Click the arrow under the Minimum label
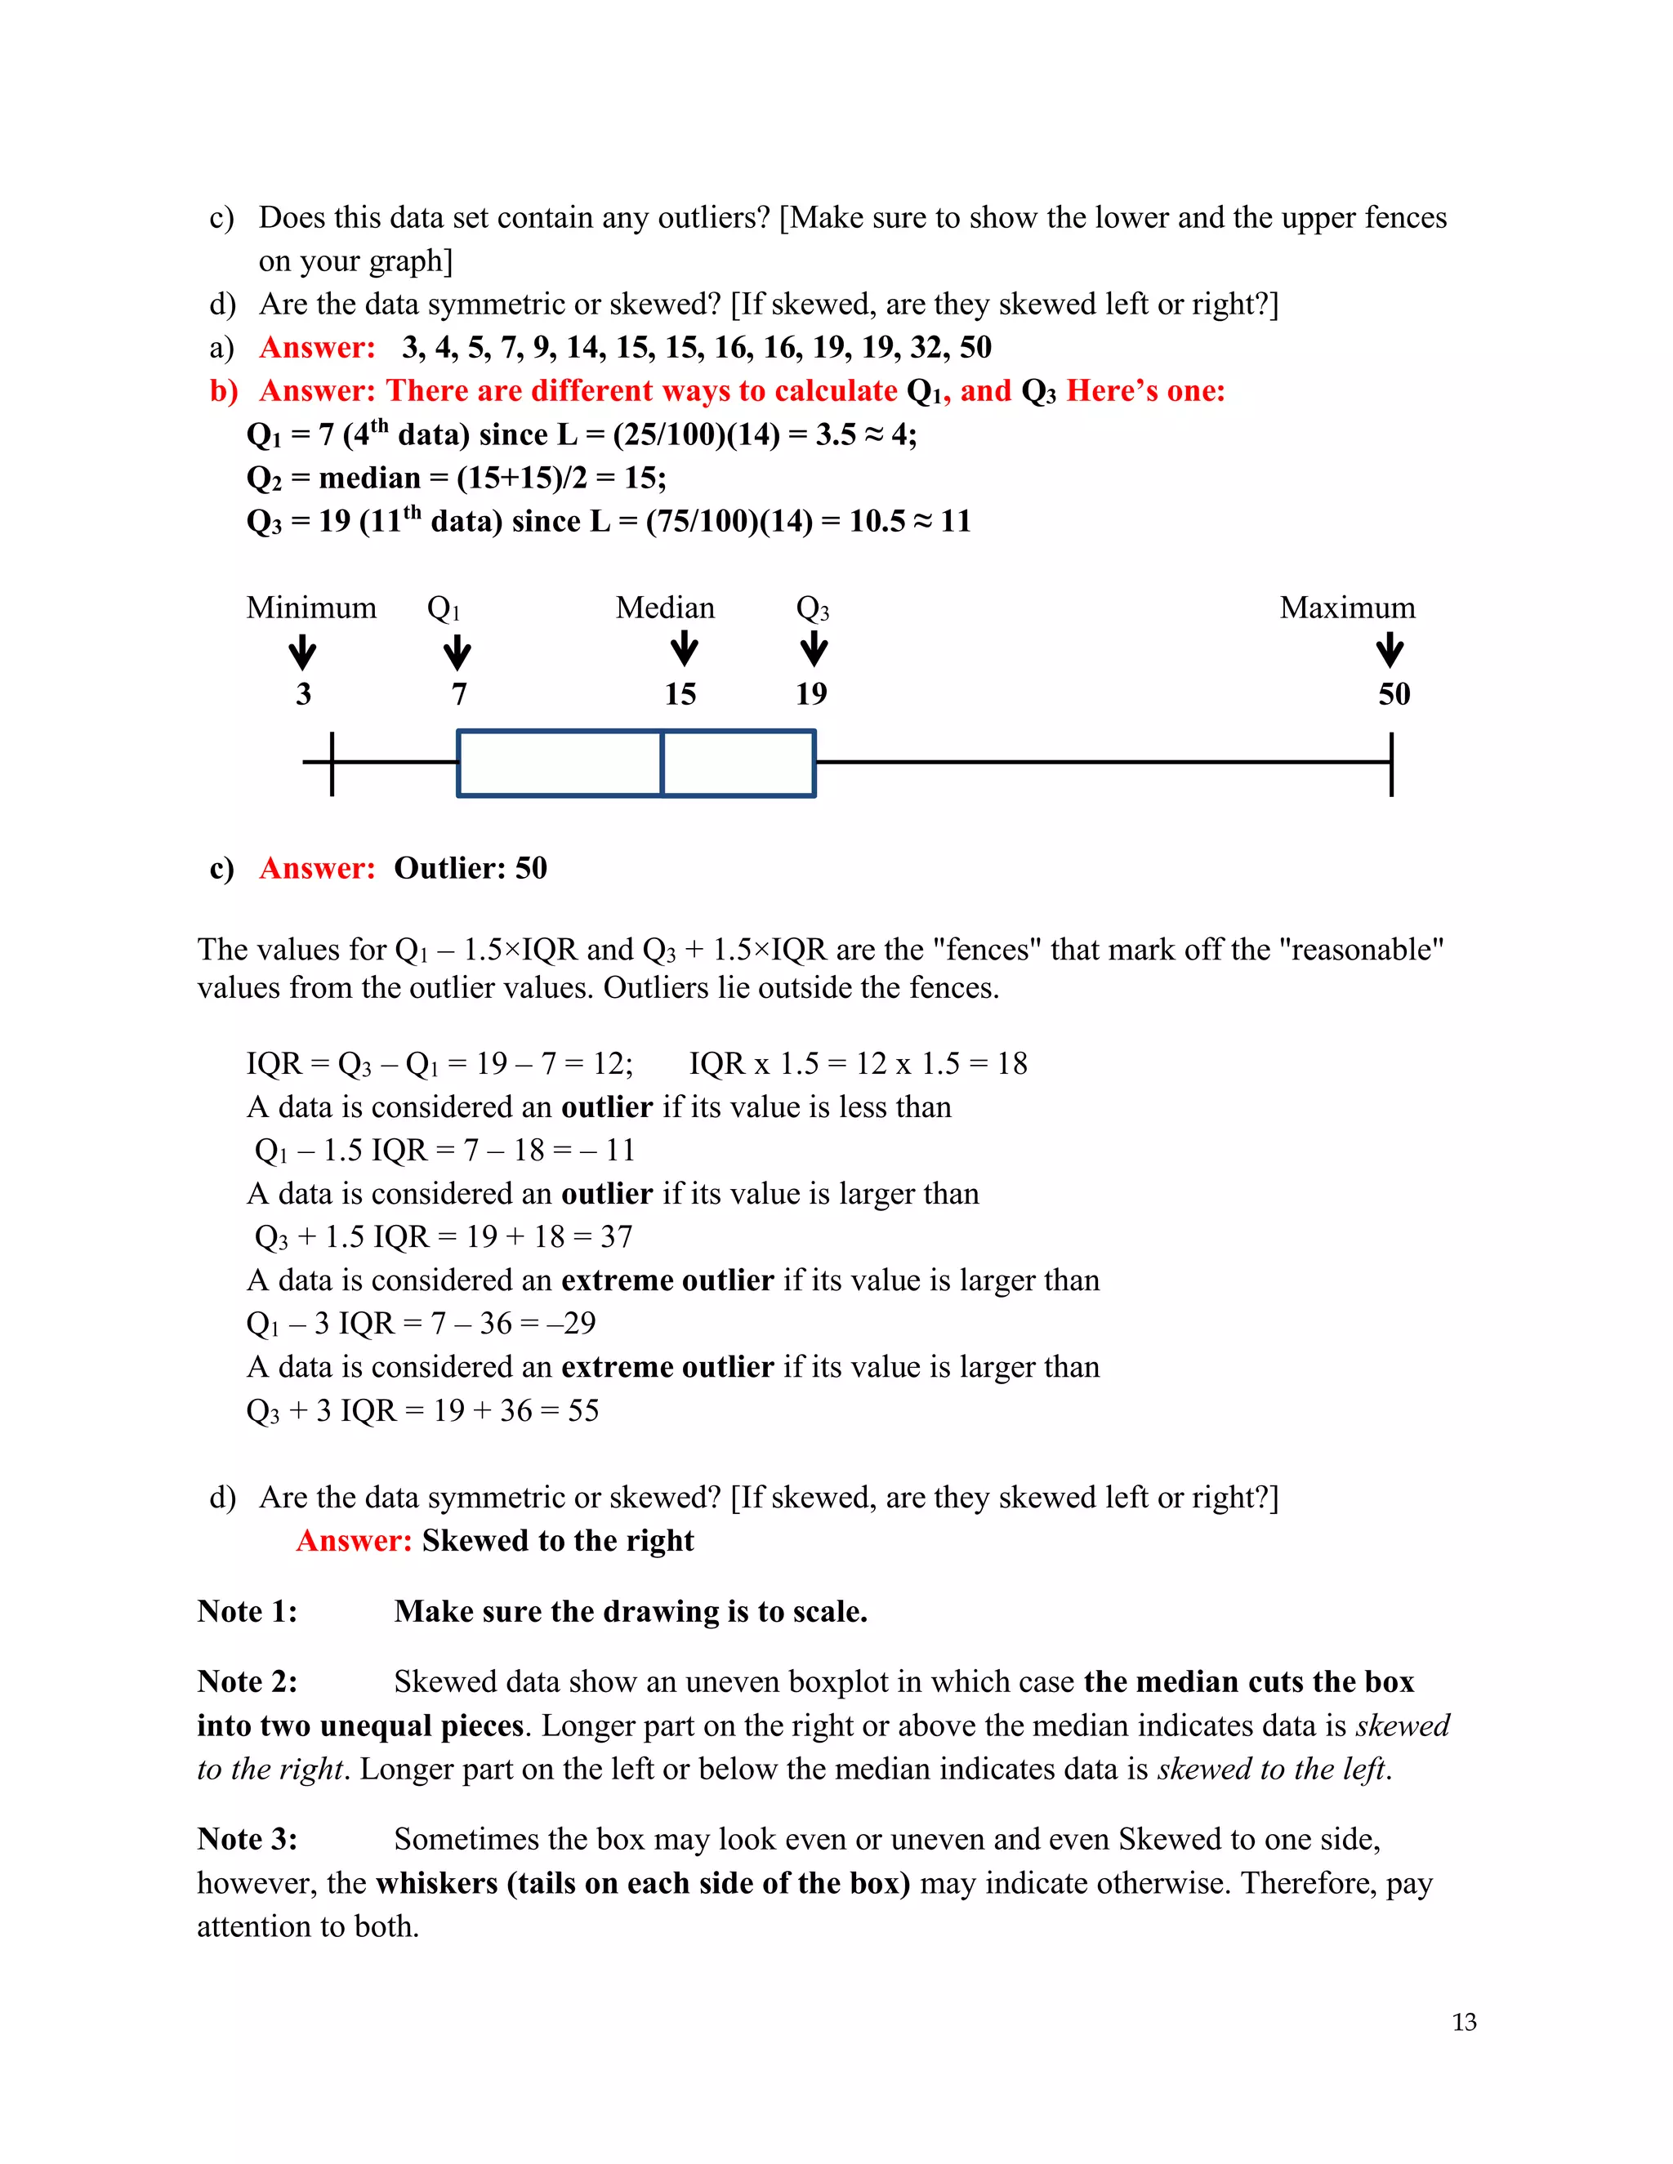click(x=302, y=653)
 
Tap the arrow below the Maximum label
click(x=1390, y=650)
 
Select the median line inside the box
click(x=662, y=763)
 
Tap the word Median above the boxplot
click(x=665, y=608)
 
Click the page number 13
click(x=1464, y=2022)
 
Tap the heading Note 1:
click(x=247, y=1612)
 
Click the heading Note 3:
click(x=247, y=1839)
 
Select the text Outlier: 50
click(x=471, y=868)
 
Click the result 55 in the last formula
click(x=582, y=1410)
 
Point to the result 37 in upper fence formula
click(x=615, y=1236)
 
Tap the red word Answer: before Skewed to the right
click(x=354, y=1541)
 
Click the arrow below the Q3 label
click(x=814, y=650)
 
